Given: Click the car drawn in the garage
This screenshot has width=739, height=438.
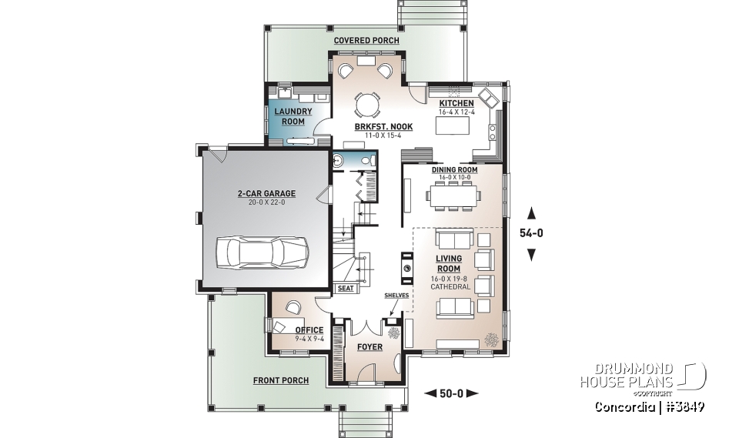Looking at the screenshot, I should coord(262,251).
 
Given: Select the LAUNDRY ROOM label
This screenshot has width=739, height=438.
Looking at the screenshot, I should coord(293,116).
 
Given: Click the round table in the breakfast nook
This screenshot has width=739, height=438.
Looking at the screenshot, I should coord(367,103).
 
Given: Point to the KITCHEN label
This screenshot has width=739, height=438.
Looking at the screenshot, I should coord(456,103).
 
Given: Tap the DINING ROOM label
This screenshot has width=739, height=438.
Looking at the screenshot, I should coord(454,169).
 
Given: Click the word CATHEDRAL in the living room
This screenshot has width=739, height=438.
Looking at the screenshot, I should coord(450,286).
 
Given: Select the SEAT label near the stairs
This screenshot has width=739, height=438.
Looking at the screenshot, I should coord(346,289).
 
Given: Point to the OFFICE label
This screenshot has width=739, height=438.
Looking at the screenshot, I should coord(309,329).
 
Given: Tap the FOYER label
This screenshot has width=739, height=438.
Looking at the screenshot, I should coord(370,347).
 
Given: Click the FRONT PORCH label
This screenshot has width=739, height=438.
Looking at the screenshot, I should coord(281,380).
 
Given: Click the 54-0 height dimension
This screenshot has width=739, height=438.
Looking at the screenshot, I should coord(531,233).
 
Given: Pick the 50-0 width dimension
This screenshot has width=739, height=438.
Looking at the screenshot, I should coord(451,393).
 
